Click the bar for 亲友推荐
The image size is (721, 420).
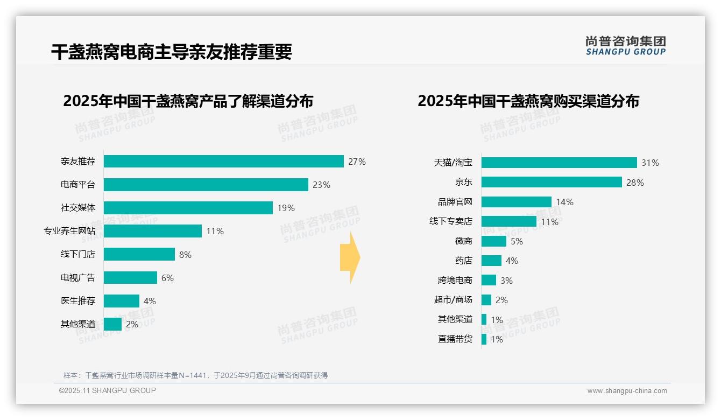[223, 162]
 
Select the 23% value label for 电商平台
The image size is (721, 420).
[321, 185]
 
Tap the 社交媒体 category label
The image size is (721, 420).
[78, 208]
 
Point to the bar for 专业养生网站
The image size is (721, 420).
[153, 231]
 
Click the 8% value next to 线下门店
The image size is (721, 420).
[185, 255]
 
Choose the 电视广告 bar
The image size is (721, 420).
[130, 278]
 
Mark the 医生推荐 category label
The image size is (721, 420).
[78, 301]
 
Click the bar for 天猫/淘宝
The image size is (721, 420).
[559, 163]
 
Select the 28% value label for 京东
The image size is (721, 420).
[635, 183]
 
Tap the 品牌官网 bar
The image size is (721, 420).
[517, 202]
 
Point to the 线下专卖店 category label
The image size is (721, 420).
[450, 221]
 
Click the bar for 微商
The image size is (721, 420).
[494, 241]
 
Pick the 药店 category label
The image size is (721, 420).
[463, 261]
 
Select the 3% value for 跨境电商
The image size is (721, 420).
[506, 281]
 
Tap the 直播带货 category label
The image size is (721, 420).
[455, 339]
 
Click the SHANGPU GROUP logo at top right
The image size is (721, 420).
[625, 46]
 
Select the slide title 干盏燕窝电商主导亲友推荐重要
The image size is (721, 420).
[172, 52]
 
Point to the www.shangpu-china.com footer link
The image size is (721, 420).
[627, 391]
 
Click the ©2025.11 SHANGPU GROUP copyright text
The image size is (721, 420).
[108, 390]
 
